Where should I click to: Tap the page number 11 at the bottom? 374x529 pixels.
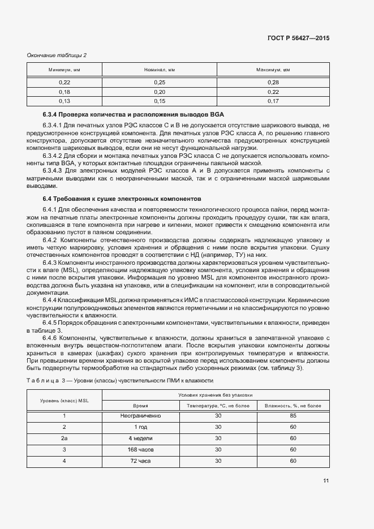click(x=326, y=481)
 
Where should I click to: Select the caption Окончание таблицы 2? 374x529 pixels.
click(x=57, y=55)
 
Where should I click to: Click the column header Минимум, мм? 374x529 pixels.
click(x=64, y=70)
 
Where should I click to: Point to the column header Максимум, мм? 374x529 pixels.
click(x=273, y=70)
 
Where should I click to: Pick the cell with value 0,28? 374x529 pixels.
click(x=273, y=83)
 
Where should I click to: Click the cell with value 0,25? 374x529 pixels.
click(x=160, y=83)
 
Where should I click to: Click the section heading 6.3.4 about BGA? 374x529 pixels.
click(x=134, y=114)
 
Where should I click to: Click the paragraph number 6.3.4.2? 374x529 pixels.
click(x=54, y=154)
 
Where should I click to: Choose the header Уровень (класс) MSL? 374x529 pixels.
click(x=64, y=400)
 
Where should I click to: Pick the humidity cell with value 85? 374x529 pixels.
click(x=293, y=416)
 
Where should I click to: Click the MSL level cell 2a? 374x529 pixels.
click(x=64, y=438)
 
